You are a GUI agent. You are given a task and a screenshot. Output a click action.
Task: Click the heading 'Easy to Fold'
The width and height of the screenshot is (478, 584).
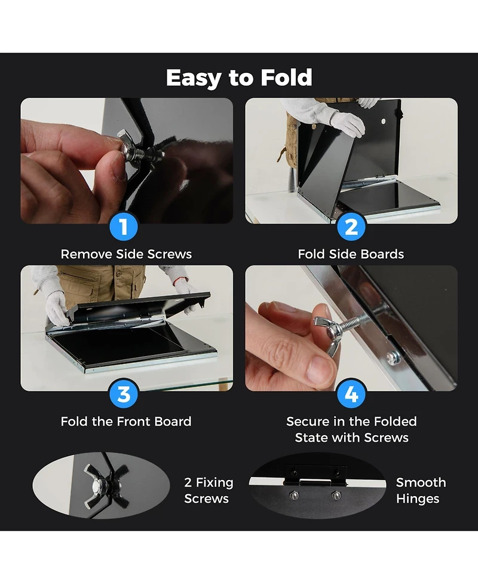click(239, 78)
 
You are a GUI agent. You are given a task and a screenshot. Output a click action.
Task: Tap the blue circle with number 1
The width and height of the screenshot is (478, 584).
click(124, 227)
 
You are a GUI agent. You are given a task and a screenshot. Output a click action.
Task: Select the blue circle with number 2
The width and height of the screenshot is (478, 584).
click(351, 227)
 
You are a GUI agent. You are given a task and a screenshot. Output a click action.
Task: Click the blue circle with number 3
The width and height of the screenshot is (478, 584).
click(124, 395)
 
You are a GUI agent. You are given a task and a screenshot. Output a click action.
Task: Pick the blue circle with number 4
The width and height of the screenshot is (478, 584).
click(351, 395)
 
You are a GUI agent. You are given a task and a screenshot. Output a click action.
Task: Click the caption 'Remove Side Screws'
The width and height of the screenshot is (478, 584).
click(126, 254)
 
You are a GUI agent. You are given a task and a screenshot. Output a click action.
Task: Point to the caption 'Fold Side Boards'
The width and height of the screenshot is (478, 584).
click(351, 254)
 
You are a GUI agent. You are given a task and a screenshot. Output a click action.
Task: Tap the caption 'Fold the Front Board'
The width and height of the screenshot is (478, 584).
click(126, 421)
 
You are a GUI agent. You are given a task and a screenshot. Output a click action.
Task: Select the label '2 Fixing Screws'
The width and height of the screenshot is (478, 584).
click(209, 490)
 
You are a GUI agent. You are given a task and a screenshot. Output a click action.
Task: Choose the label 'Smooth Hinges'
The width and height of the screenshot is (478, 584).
click(421, 490)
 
